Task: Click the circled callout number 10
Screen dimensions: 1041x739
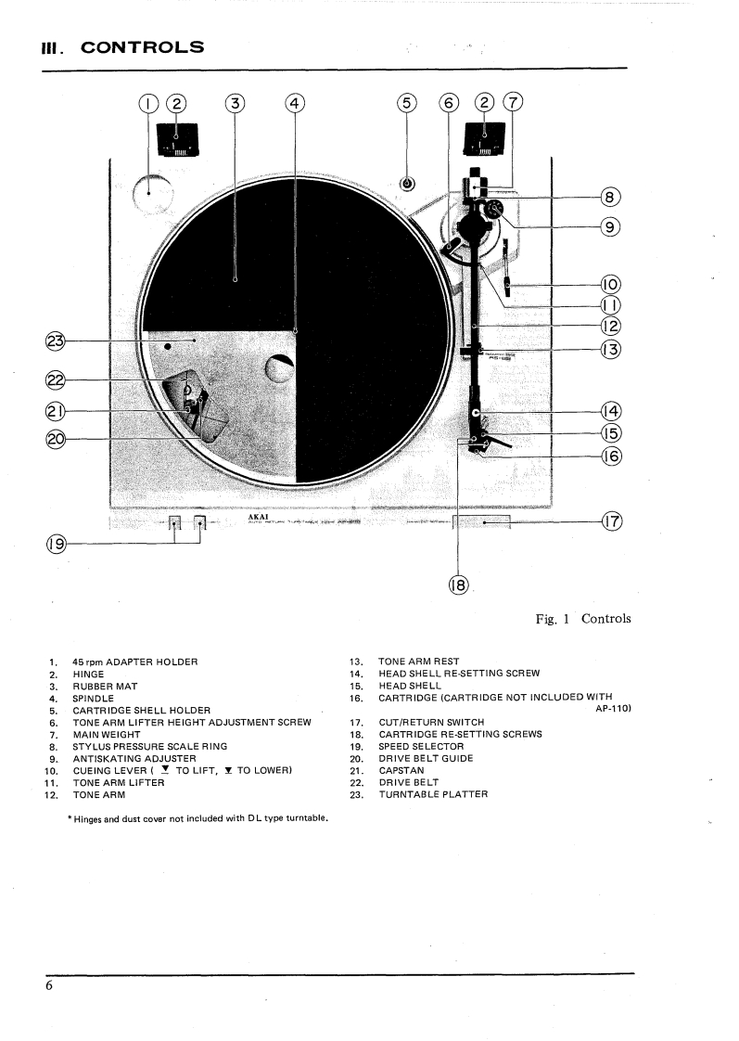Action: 611,285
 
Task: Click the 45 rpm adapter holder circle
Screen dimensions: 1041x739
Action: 152,194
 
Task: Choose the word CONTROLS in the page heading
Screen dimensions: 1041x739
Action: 143,46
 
